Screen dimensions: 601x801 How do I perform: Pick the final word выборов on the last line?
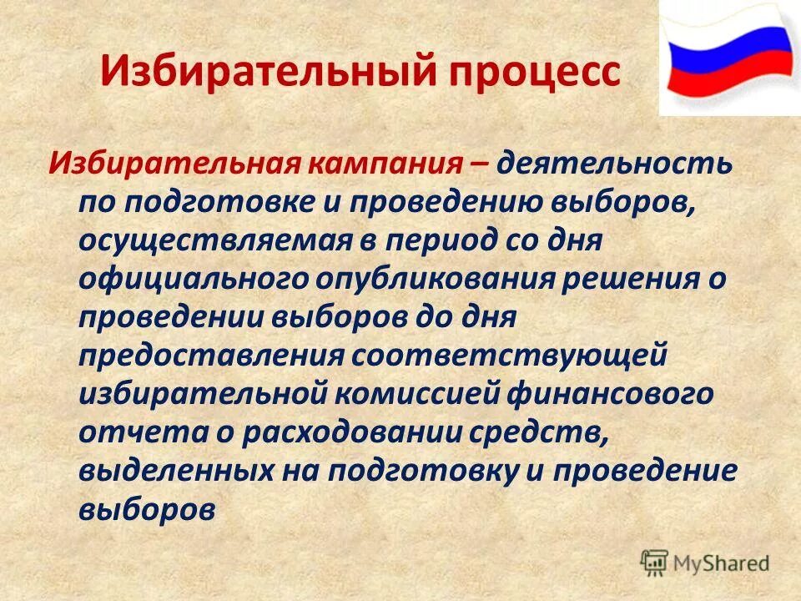point(148,510)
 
